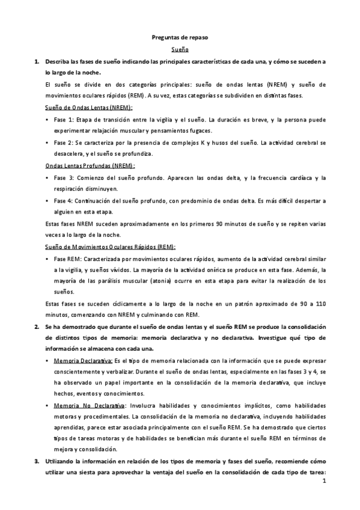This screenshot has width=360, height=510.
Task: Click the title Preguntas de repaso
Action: point(180,38)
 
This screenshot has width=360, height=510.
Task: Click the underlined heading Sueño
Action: point(180,50)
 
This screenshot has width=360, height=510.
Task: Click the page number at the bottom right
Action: point(324,482)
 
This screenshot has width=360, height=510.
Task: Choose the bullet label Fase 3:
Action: point(63,177)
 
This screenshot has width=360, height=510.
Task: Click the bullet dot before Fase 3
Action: point(47,177)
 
